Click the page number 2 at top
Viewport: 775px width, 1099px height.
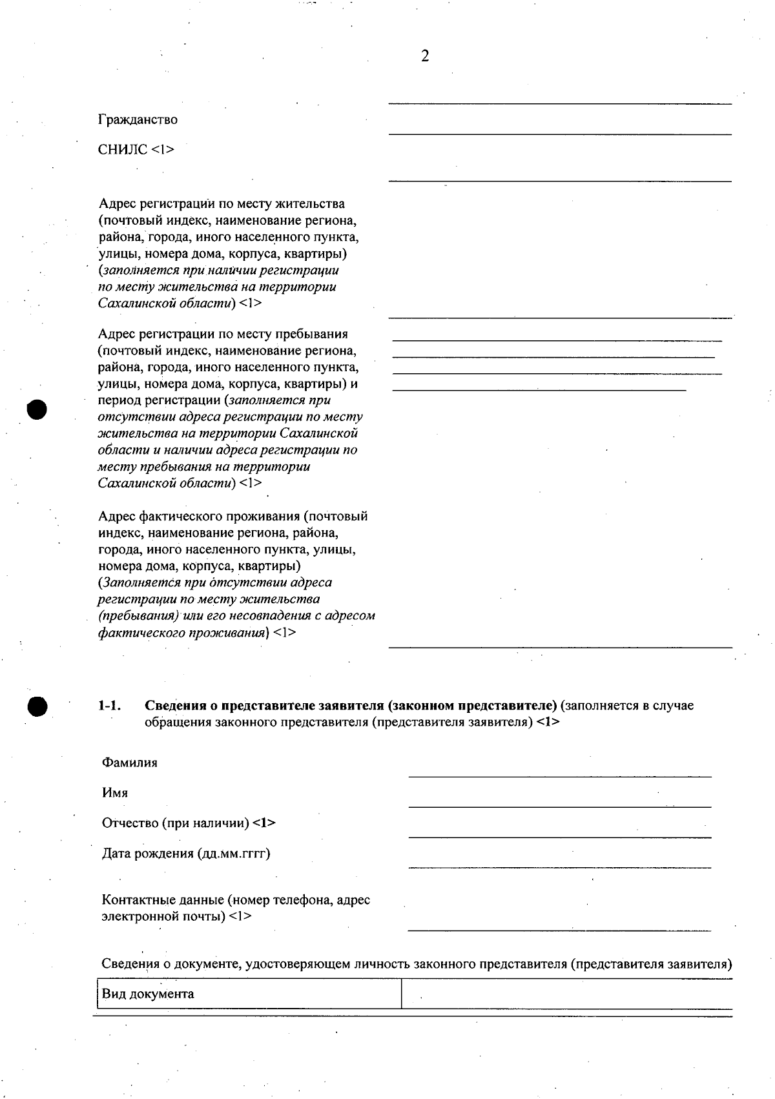pos(425,57)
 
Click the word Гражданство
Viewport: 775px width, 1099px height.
pos(138,119)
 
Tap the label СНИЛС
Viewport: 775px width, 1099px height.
pos(123,150)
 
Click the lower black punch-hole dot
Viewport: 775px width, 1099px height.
pos(37,706)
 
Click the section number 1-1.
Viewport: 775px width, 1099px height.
pos(109,705)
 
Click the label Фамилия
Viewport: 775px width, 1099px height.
pos(129,763)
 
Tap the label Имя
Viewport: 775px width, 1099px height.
pos(115,793)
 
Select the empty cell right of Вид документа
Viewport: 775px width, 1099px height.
pos(566,994)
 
